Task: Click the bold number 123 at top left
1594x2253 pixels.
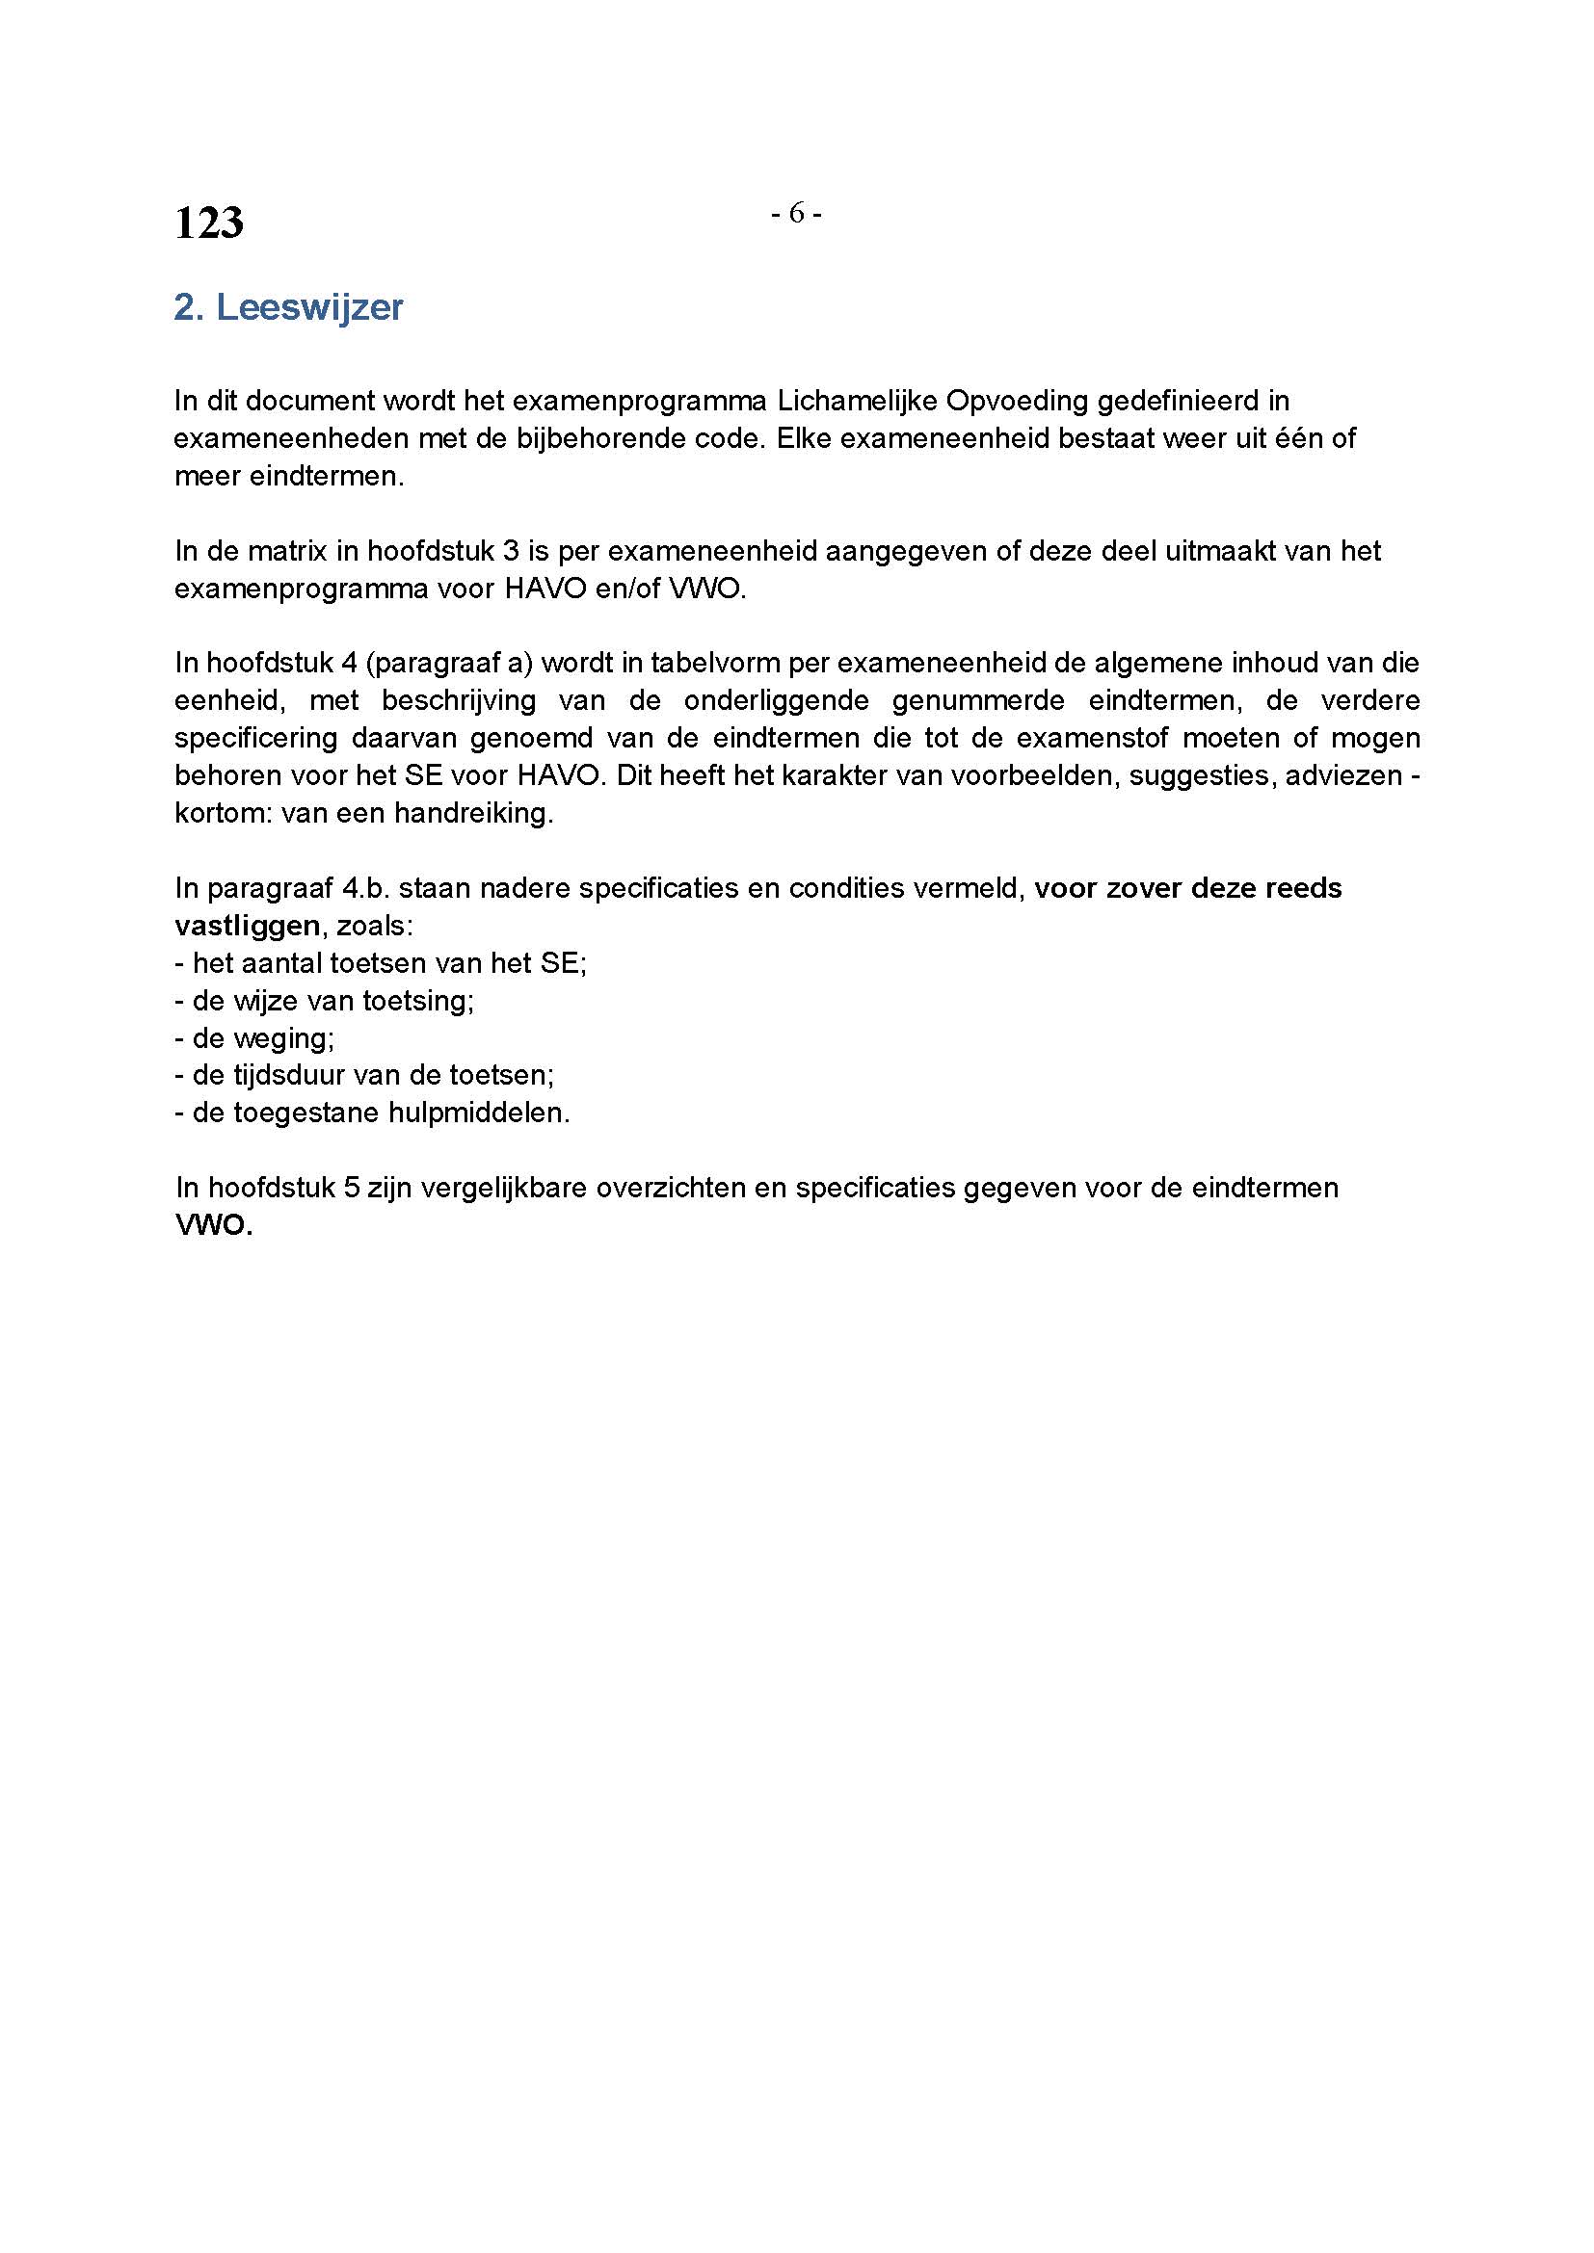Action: [x=209, y=223]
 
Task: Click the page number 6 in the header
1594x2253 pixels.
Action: [x=796, y=212]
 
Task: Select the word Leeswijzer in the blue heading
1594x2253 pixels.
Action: [x=309, y=307]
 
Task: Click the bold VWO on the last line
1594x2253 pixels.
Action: [x=213, y=1226]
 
